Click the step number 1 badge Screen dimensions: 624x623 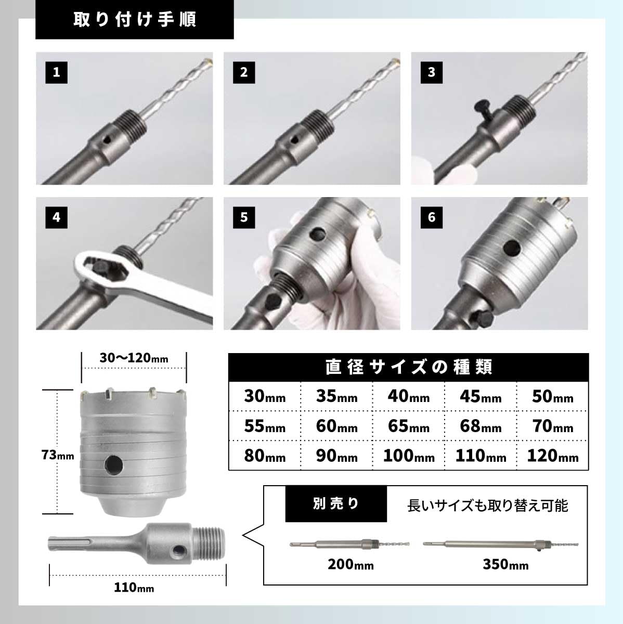coord(56,72)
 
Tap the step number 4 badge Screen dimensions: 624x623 coord(56,217)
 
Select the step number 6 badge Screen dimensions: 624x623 coord(431,217)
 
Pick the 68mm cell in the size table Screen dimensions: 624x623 coord(481,426)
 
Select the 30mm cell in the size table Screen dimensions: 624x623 coord(265,396)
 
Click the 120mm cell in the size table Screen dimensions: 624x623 coord(552,456)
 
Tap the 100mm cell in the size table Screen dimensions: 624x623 coord(409,456)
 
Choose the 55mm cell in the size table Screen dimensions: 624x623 coord(265,426)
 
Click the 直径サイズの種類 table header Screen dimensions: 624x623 coord(409,367)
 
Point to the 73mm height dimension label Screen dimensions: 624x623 coord(58,456)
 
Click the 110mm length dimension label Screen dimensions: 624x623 coord(134,588)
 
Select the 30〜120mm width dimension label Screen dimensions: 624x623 coord(134,358)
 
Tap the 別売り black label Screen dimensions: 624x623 coord(336,504)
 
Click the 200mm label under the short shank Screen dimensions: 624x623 coord(351,564)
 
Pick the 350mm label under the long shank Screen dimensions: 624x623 coord(505,564)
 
